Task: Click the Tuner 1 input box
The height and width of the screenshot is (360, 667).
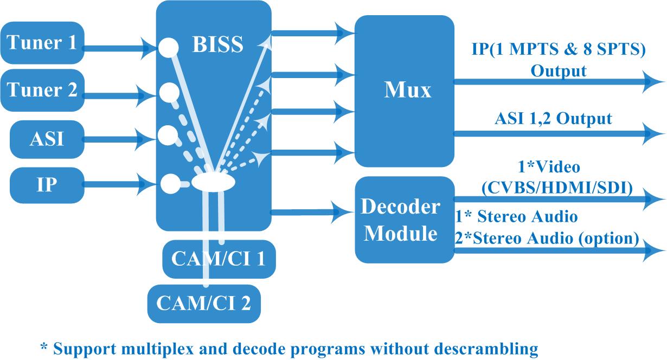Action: pos(42,43)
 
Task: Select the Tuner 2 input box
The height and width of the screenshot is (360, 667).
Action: pos(42,90)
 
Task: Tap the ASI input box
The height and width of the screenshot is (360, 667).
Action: pos(47,139)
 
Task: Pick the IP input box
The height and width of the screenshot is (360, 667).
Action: pos(47,185)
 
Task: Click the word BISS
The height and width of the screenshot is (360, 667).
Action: pos(217,44)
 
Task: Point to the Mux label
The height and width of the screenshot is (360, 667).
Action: pos(407,89)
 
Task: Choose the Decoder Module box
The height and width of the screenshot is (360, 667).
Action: pos(405,220)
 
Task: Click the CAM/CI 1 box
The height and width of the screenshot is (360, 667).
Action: pos(219,259)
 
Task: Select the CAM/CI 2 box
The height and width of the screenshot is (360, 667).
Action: pos(204,304)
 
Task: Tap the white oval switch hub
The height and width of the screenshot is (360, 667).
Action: pos(213,182)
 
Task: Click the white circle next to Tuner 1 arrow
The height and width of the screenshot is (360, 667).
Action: pos(168,47)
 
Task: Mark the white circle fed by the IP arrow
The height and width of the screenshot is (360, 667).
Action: pos(170,184)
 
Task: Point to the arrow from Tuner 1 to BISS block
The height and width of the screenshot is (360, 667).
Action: pos(120,48)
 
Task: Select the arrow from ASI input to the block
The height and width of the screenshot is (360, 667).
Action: pos(119,139)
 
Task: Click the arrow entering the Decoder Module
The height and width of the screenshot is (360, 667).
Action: pos(312,212)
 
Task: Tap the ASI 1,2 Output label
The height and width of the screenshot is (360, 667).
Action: pos(553,119)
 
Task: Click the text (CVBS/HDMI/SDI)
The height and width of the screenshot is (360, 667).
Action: pos(557,188)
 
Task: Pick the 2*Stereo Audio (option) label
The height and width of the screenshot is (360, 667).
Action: pos(547,238)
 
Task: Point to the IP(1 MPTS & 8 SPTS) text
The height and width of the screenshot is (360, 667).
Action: pos(559,49)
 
